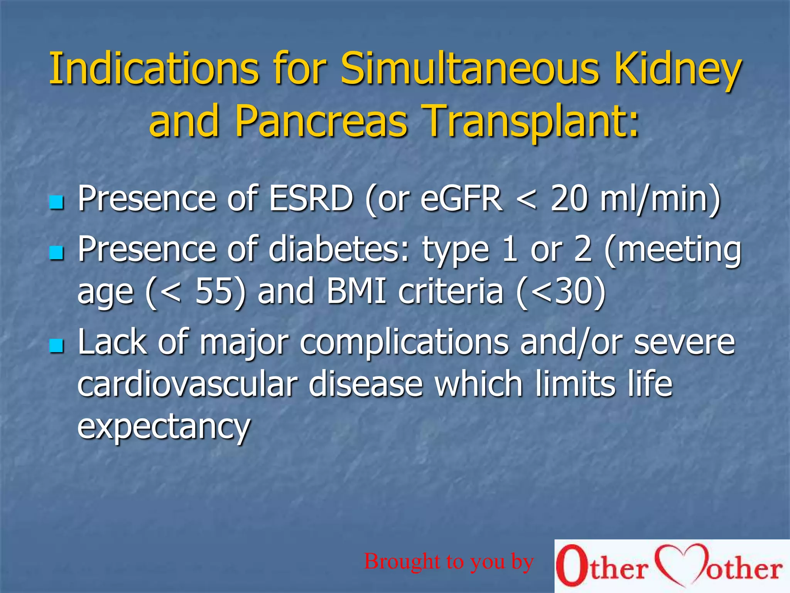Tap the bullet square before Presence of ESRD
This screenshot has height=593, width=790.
(x=57, y=202)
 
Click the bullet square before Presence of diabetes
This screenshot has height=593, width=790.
(x=57, y=253)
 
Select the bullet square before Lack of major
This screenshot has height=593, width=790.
(x=57, y=346)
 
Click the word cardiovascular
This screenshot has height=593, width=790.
(x=187, y=384)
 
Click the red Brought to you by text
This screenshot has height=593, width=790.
(x=449, y=561)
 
